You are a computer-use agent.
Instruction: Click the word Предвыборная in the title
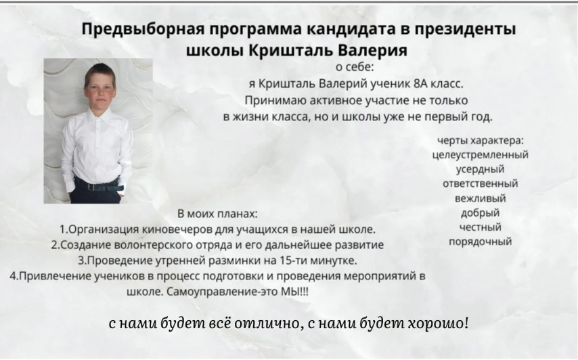coord(143,29)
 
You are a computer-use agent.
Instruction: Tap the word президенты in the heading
coord(465,29)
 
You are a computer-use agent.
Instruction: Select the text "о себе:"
coord(355,67)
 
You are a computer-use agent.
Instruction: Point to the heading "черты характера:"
coord(481,141)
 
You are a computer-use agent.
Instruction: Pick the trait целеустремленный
coord(481,155)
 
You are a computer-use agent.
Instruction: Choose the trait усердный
coord(481,169)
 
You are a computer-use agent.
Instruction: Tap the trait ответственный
coord(481,183)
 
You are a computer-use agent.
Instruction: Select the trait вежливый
coord(481,198)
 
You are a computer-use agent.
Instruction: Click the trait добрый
coord(481,213)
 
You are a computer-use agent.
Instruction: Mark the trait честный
coord(481,227)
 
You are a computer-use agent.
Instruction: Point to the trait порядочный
coord(481,242)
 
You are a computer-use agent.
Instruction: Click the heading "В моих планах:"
coord(217,214)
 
